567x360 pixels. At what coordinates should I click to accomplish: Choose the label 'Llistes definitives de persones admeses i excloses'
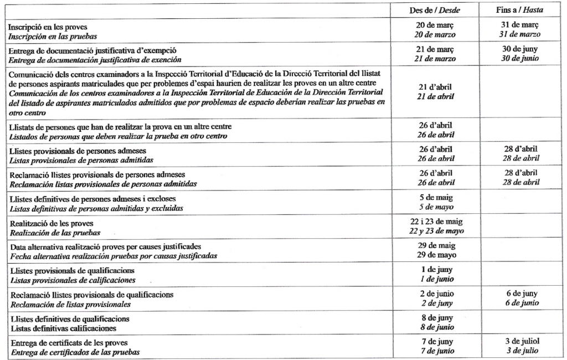94,199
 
